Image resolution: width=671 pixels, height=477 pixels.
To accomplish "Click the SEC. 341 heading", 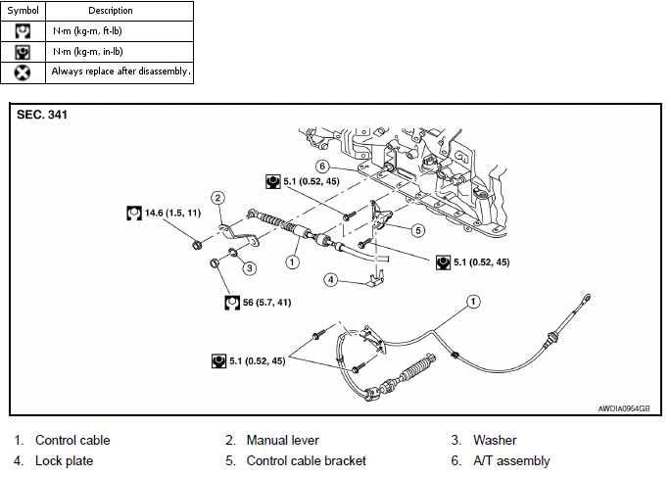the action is click(x=42, y=115).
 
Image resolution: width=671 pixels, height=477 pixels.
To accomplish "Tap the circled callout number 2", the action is click(x=217, y=198).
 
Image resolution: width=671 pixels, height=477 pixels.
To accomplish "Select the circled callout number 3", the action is click(x=250, y=268).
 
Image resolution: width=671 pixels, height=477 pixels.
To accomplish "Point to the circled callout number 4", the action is click(x=330, y=280).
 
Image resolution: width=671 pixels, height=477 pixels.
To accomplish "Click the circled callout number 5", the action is click(x=418, y=230).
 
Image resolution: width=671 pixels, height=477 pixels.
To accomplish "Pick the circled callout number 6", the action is click(x=322, y=166).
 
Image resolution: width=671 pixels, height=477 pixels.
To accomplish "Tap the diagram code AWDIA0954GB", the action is click(x=624, y=408).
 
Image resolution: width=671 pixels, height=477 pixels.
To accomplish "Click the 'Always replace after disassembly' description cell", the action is click(x=120, y=72).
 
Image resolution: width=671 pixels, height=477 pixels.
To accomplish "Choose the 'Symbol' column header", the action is click(x=24, y=11).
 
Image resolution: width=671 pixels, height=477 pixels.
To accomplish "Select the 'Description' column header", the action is click(x=111, y=11).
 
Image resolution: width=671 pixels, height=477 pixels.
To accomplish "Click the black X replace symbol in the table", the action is click(x=23, y=72).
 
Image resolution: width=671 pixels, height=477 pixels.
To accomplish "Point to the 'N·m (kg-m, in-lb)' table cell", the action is click(x=120, y=52).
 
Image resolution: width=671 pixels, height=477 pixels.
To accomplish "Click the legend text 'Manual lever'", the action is click(x=282, y=440).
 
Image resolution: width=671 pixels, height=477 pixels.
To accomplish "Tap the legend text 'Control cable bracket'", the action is click(x=306, y=460).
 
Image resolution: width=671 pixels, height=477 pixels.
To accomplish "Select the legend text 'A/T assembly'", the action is click(x=511, y=460).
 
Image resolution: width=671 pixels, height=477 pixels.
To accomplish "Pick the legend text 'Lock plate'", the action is click(x=65, y=460).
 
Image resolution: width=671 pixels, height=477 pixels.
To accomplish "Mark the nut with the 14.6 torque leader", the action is click(x=197, y=245).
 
